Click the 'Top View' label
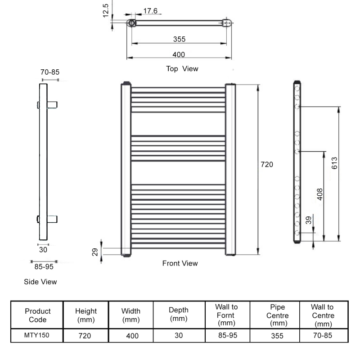click(182, 69)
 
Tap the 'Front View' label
click(180, 263)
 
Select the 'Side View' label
click(40, 282)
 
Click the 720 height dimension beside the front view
click(267, 165)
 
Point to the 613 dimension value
click(334, 163)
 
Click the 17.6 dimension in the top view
click(150, 11)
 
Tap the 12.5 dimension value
click(106, 10)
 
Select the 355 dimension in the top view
click(179, 39)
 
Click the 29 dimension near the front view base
click(95, 252)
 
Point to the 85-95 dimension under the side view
click(44, 266)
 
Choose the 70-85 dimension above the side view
click(50, 72)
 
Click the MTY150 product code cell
click(37, 335)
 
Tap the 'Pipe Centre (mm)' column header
click(277, 315)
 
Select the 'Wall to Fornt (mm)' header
click(226, 315)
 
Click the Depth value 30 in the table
click(179, 335)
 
